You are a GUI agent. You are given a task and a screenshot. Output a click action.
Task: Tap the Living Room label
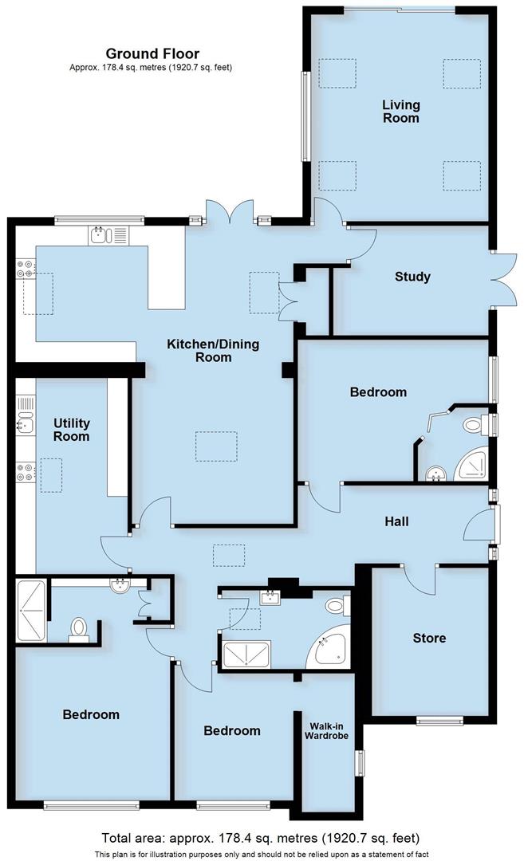pyautogui.click(x=400, y=112)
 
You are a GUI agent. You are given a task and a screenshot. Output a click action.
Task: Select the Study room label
pyautogui.click(x=412, y=277)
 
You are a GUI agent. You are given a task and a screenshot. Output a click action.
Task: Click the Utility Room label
pyautogui.click(x=72, y=430)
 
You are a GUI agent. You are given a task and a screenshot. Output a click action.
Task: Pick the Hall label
pyautogui.click(x=396, y=521)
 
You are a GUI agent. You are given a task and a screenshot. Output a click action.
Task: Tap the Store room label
pyautogui.click(x=429, y=638)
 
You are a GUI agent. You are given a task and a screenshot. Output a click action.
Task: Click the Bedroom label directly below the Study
pyautogui.click(x=378, y=391)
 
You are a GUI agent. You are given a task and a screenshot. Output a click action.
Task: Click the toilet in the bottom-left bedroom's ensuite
pyautogui.click(x=79, y=628)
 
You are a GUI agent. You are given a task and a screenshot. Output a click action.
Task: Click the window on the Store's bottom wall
pyautogui.click(x=439, y=721)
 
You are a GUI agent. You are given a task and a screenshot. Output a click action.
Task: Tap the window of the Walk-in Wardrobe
pyautogui.click(x=358, y=762)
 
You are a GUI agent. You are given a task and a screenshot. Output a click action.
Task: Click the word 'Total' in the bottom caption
pyautogui.click(x=119, y=838)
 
